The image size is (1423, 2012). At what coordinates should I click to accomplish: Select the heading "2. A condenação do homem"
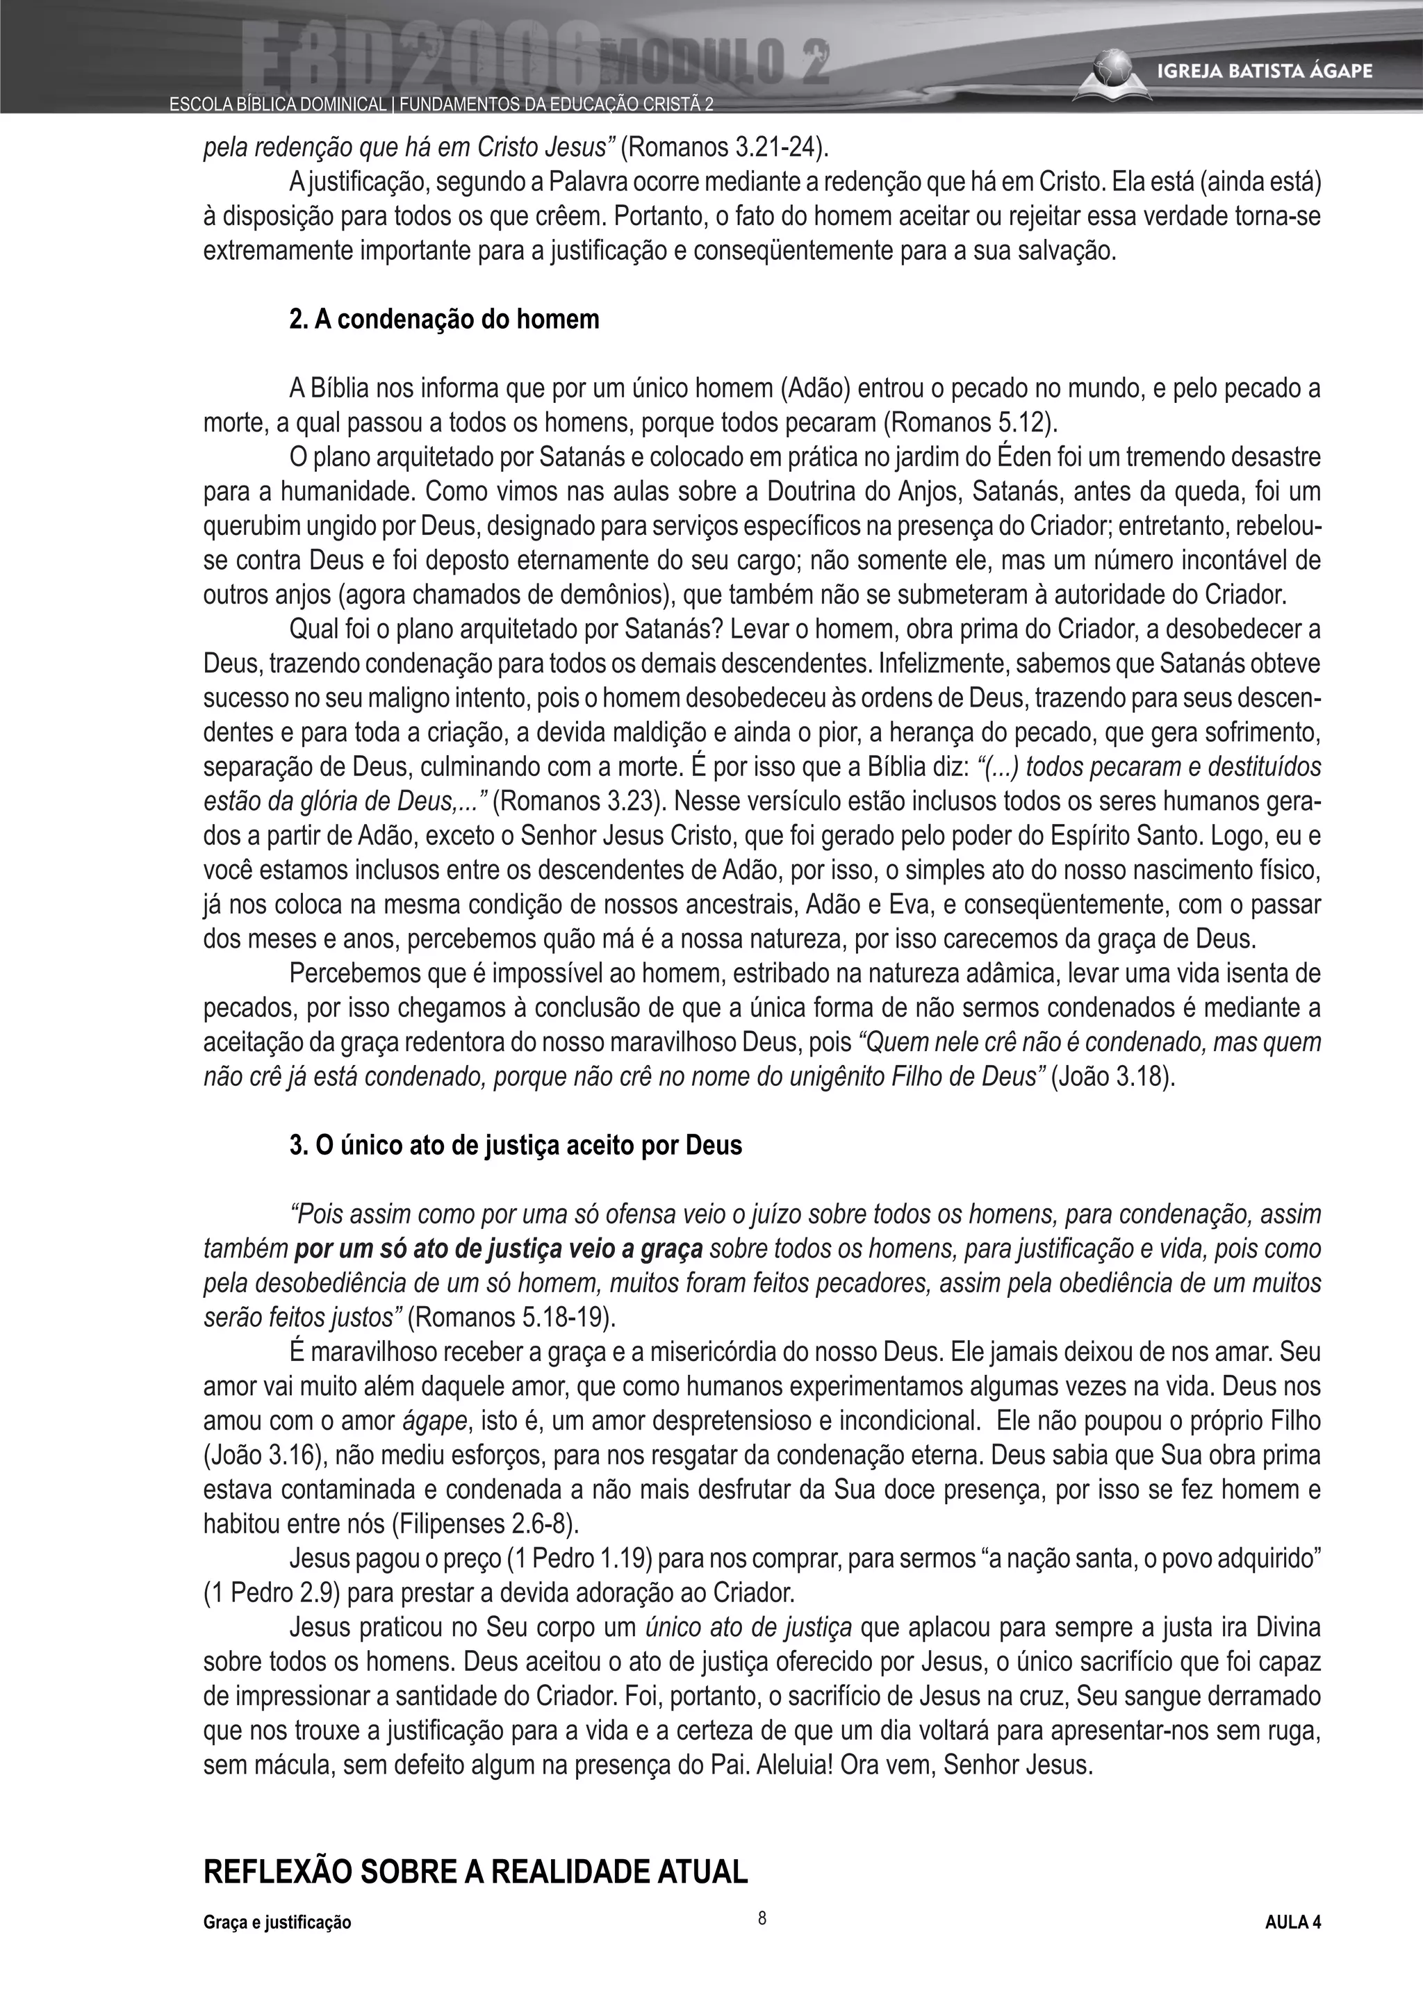point(444,319)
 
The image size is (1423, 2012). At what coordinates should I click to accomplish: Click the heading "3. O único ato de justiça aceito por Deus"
point(516,1146)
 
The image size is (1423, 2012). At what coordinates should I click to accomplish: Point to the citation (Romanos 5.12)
point(970,423)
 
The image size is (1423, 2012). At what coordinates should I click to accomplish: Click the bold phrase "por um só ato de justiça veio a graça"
point(499,1250)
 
